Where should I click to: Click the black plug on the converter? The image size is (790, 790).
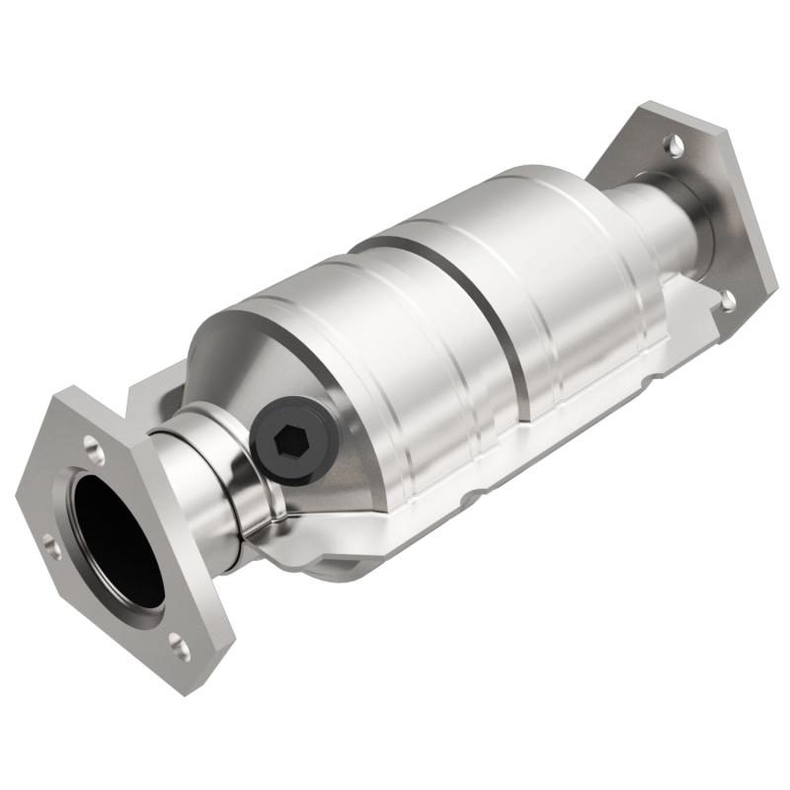tap(293, 435)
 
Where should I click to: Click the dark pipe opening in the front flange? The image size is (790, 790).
tap(118, 538)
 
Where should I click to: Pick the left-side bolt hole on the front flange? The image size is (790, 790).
tap(52, 546)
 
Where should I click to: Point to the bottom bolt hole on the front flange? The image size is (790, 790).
tap(180, 647)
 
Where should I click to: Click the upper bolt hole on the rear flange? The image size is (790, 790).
tap(673, 145)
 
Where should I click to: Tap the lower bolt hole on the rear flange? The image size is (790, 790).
tap(728, 300)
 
